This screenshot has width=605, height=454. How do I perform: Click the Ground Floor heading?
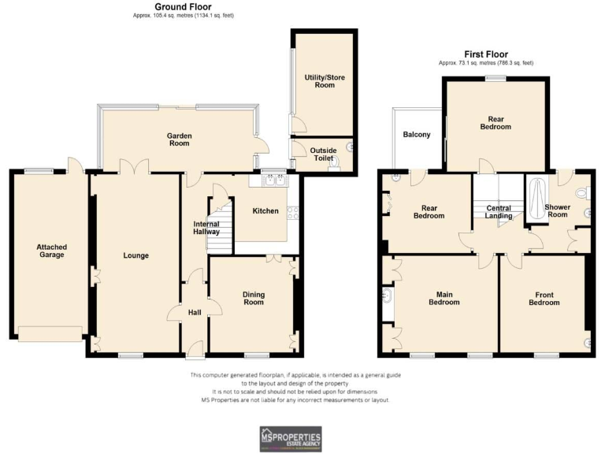184,7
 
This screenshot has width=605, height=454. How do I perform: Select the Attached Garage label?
52,251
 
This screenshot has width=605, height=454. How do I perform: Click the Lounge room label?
135,255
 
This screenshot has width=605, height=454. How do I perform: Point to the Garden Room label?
179,140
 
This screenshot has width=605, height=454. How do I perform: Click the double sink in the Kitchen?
271,180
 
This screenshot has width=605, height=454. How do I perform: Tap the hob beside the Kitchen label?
293,211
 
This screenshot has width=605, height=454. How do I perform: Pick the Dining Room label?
253,298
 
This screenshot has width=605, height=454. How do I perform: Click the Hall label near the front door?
194,312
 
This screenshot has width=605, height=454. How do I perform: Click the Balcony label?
417,135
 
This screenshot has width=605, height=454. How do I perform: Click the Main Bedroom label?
444,298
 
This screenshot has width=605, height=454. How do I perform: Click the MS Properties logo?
291,437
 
